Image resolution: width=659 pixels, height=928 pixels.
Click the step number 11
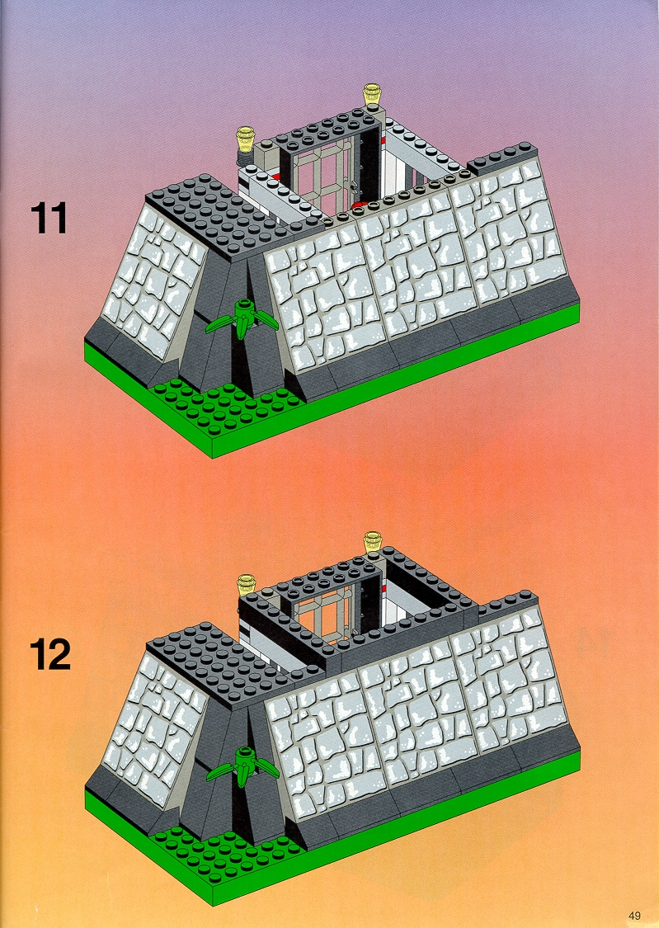tap(49, 218)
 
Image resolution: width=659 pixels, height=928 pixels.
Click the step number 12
tap(50, 654)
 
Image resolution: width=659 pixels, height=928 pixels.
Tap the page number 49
tap(635, 915)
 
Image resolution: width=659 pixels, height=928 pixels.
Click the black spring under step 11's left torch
tap(245, 157)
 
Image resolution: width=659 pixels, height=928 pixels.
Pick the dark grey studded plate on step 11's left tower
tap(219, 217)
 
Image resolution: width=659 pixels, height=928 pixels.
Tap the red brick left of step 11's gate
tap(276, 175)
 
